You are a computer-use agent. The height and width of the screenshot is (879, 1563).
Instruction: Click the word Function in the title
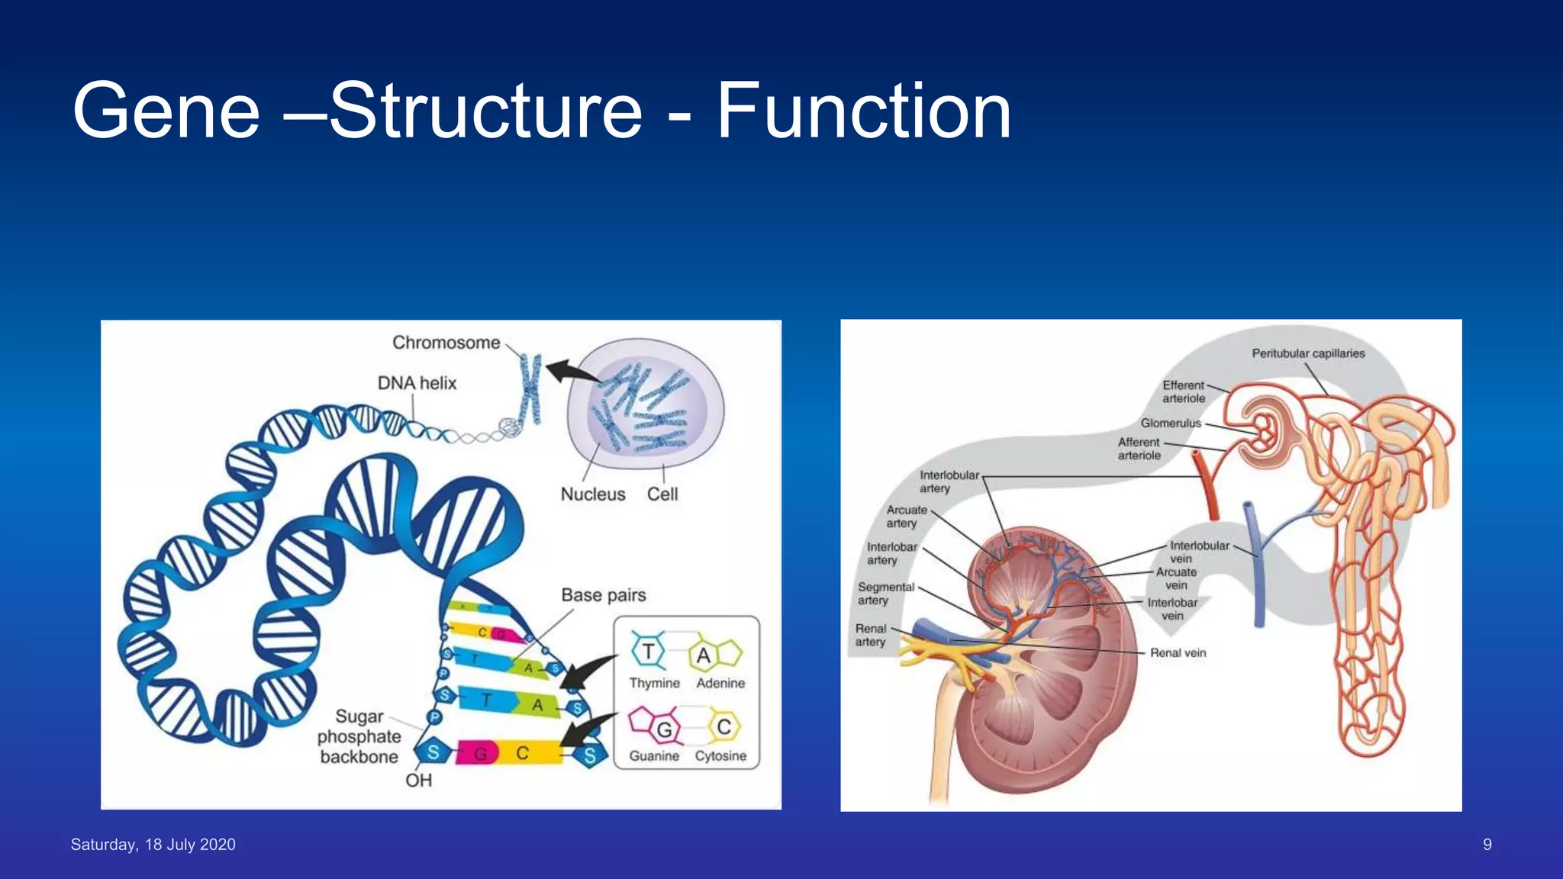click(863, 111)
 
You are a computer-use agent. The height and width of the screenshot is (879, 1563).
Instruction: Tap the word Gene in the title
click(166, 111)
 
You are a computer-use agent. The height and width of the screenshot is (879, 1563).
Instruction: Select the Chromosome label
click(446, 343)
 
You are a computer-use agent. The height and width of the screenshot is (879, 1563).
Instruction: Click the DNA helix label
click(417, 383)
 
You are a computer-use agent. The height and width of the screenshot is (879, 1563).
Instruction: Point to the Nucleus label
click(592, 494)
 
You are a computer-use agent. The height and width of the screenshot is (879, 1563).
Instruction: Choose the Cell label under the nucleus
click(662, 494)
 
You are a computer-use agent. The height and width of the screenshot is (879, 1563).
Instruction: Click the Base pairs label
click(603, 595)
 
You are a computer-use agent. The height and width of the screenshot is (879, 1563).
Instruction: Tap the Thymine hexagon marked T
click(648, 652)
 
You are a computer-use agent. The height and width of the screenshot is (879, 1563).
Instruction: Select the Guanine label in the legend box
click(654, 756)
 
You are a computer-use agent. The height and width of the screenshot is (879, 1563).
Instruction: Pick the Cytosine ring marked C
click(723, 726)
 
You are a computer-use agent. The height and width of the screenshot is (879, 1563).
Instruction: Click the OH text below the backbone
click(418, 781)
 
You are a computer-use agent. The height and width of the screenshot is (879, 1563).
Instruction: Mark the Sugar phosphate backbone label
click(359, 737)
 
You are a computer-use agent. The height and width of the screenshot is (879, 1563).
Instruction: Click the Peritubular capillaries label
click(1307, 353)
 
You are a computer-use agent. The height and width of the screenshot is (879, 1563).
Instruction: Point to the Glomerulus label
click(1170, 423)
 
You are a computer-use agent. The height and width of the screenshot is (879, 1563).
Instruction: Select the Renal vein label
click(1178, 653)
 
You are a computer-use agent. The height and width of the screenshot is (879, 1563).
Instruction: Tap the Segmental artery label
click(885, 594)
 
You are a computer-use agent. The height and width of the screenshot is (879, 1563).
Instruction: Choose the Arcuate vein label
click(1176, 579)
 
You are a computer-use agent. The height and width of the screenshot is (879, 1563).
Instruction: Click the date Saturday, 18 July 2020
click(153, 845)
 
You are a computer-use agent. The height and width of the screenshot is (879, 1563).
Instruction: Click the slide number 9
click(1487, 845)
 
